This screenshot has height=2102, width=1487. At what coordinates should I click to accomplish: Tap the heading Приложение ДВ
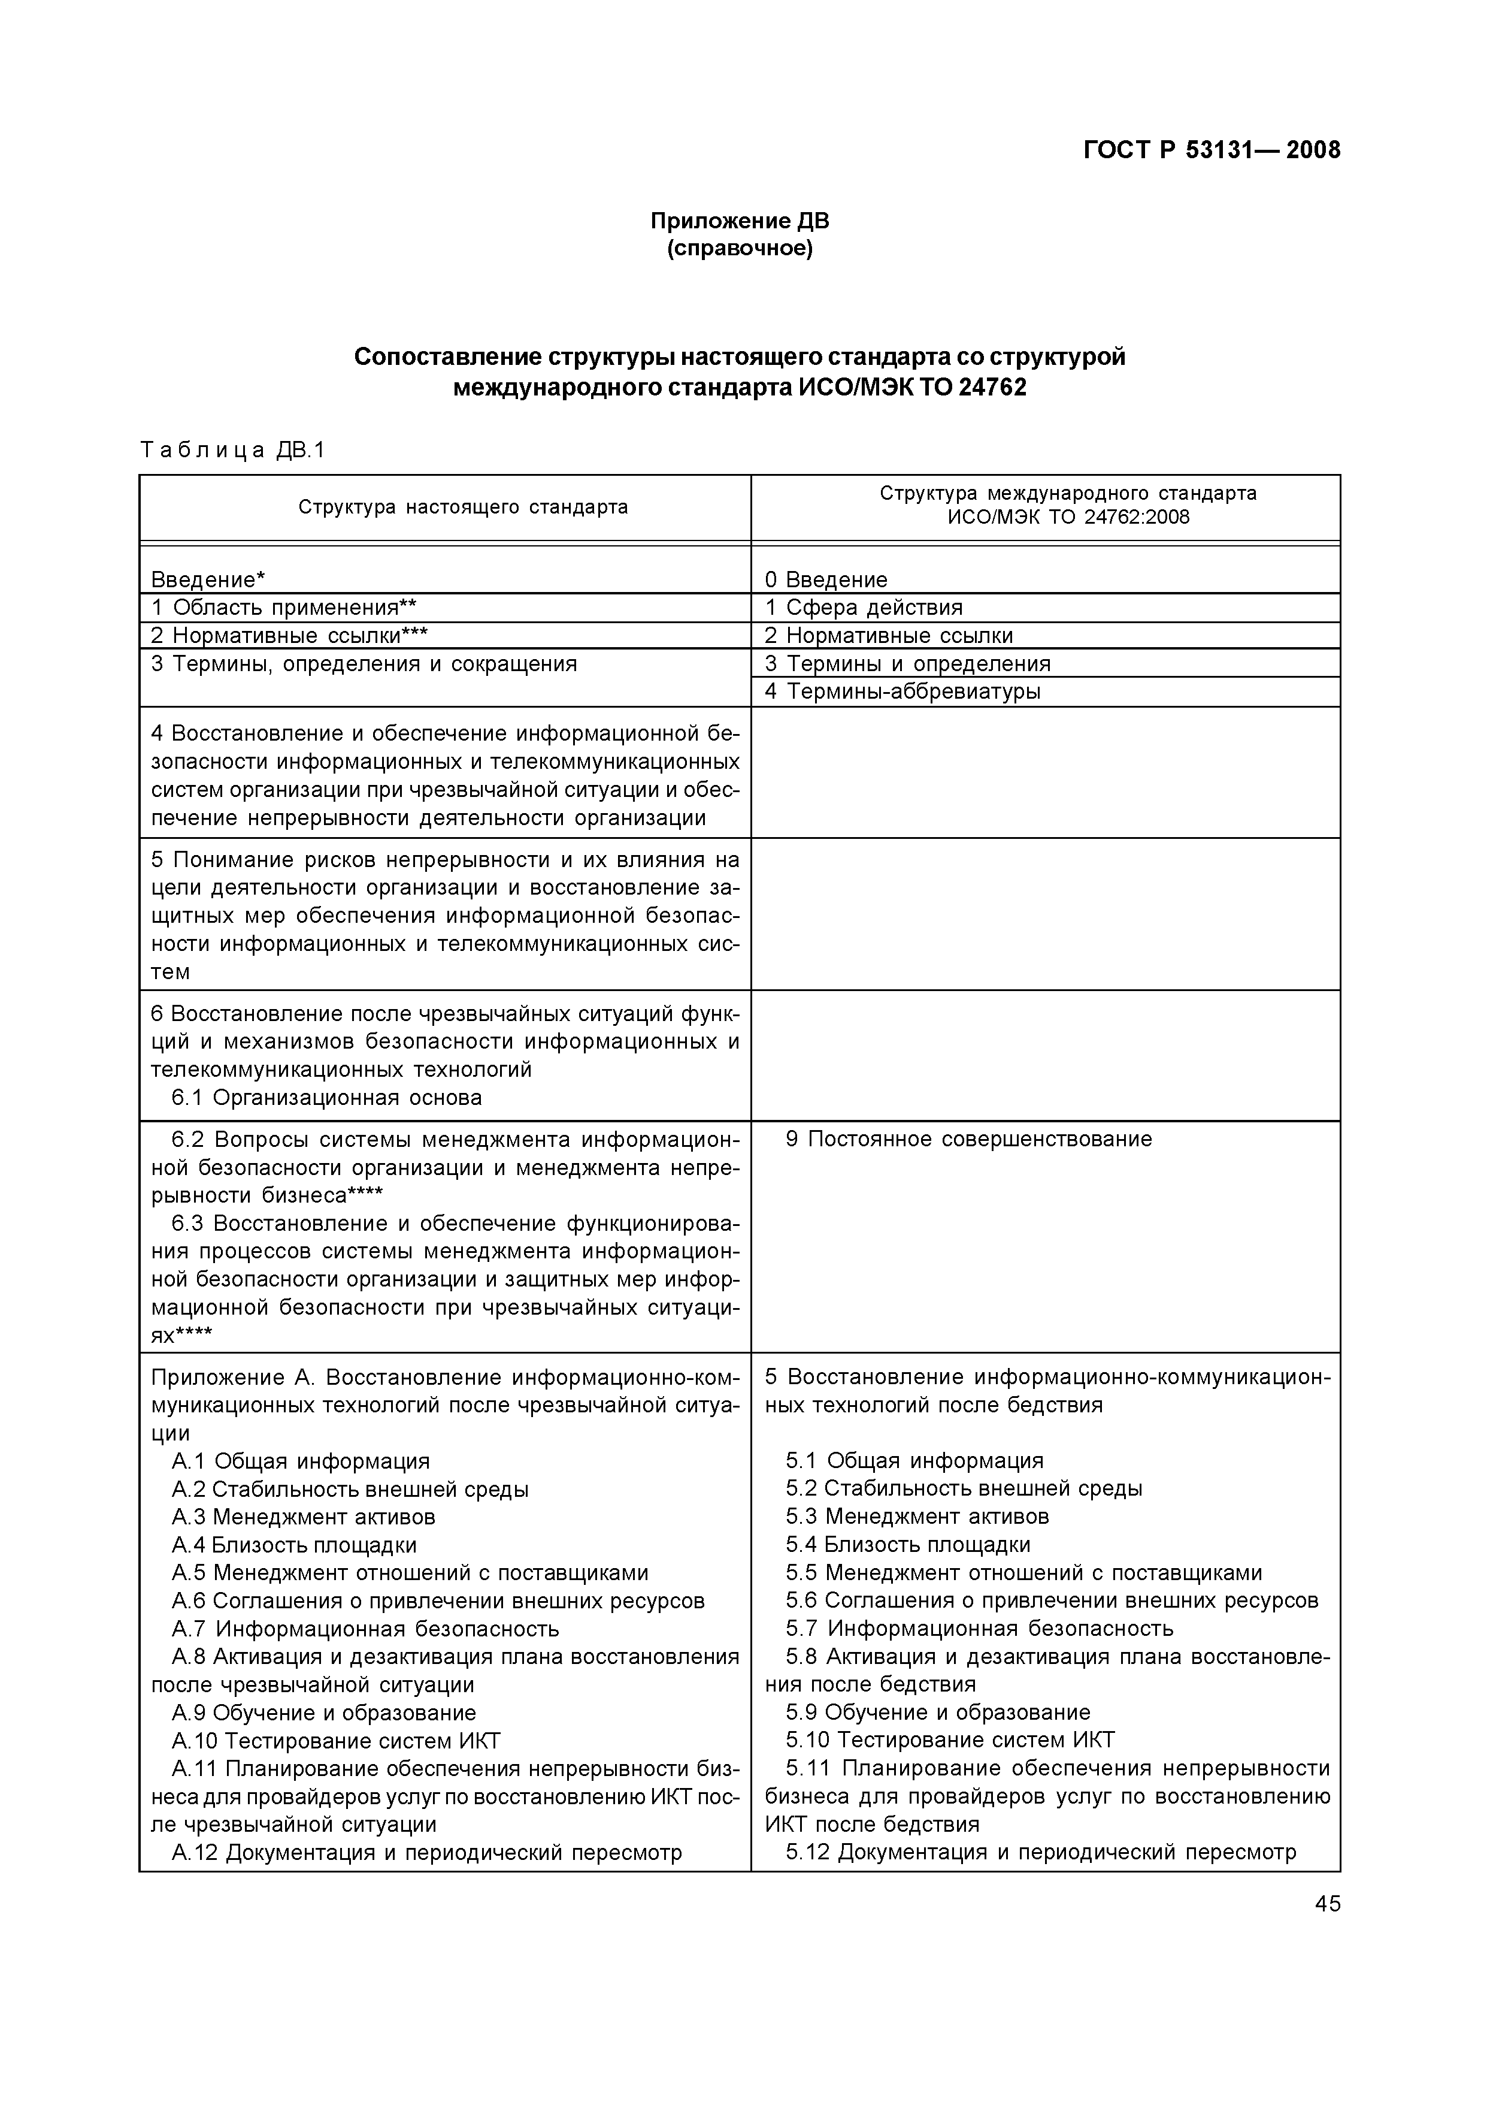[739, 221]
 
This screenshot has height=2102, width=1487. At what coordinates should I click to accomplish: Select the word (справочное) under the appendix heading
[739, 248]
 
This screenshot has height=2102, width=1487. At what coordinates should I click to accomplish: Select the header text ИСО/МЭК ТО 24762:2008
[1068, 518]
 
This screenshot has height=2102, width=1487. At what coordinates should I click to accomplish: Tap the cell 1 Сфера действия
[864, 607]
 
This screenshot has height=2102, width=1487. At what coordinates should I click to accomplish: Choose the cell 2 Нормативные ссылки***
[289, 636]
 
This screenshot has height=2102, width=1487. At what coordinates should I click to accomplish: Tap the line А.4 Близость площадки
[294, 1545]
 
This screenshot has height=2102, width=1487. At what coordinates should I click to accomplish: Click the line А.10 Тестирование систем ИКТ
[335, 1741]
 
